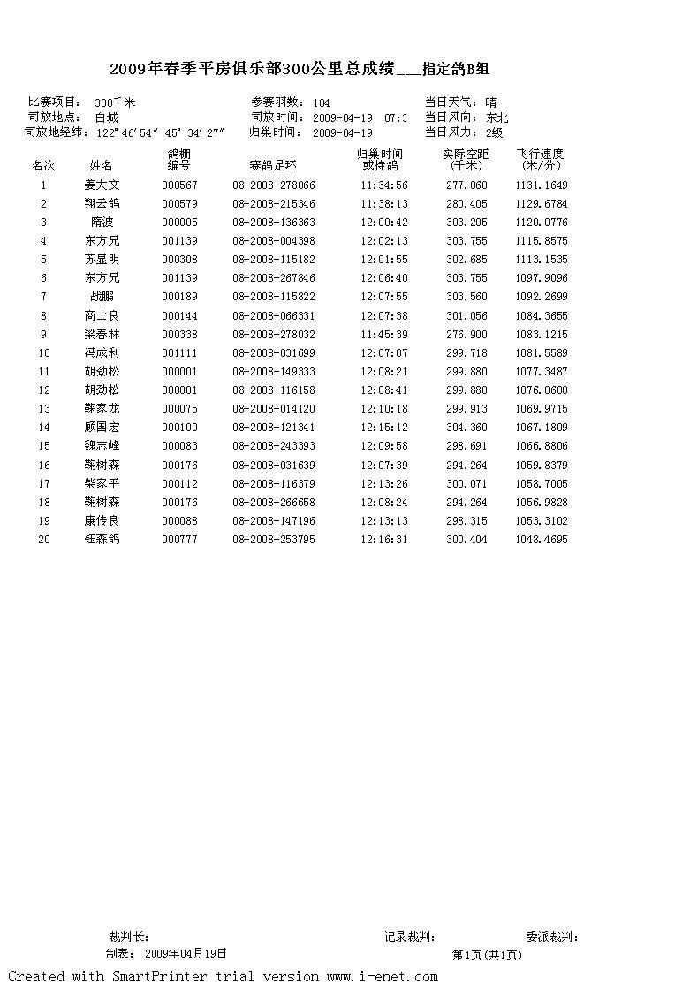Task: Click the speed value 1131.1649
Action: coord(542,185)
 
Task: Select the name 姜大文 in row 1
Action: coord(102,185)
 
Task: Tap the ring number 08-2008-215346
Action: coord(274,204)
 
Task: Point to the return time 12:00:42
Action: coord(384,223)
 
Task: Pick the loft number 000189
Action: coord(180,297)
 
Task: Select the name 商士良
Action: coord(102,316)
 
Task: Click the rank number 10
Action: coord(44,353)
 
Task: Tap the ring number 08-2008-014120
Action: coord(274,409)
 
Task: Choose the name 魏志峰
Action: coord(102,446)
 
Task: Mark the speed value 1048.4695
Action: coord(542,540)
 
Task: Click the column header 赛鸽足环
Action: coord(273,165)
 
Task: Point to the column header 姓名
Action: coord(102,165)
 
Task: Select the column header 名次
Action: coord(44,165)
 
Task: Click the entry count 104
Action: coord(322,103)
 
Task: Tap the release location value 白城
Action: coord(106,117)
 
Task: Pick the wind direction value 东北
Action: coord(497,117)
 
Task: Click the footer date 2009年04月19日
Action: coord(186,954)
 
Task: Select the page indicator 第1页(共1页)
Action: coord(487,955)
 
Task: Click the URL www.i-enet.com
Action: coord(382,976)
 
